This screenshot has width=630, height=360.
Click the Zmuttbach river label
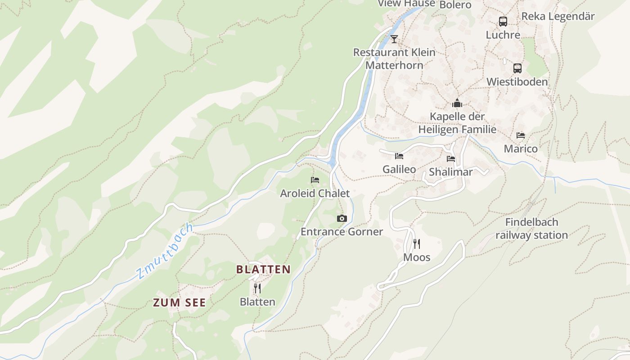click(165, 250)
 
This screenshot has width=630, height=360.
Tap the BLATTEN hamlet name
click(263, 270)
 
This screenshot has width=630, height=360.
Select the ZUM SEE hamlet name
click(180, 303)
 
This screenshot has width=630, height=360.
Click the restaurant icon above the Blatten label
click(257, 288)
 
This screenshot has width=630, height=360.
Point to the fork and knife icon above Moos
click(417, 244)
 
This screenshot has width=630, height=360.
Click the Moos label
click(417, 257)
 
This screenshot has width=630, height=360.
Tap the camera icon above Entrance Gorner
click(342, 219)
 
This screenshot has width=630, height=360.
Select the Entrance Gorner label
click(342, 232)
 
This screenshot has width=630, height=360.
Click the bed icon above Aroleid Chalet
click(315, 180)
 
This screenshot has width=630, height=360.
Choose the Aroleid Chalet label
click(315, 193)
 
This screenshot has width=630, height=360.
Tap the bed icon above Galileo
click(399, 156)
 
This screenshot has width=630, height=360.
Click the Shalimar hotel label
click(450, 172)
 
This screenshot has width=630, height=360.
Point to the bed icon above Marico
click(521, 135)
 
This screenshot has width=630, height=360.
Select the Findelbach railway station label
click(531, 229)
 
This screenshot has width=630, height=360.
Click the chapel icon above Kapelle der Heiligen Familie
click(457, 103)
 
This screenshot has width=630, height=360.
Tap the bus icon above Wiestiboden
click(517, 68)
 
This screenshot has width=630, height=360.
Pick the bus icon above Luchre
click(503, 21)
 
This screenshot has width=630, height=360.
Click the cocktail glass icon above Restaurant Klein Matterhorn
click(394, 39)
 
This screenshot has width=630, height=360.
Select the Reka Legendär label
click(558, 17)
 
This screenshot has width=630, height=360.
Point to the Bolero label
click(455, 5)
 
